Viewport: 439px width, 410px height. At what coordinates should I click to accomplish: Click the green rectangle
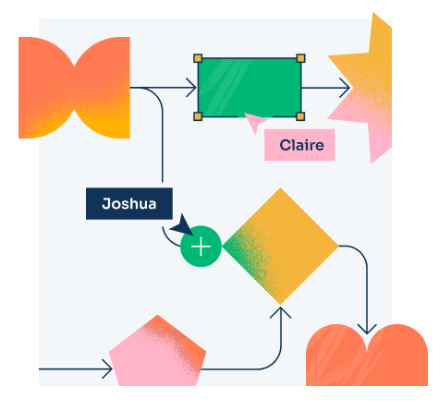[250, 88]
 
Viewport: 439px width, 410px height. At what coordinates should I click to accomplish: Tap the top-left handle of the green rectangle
[198, 58]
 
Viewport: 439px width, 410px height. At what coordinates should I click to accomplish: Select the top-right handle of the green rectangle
[300, 58]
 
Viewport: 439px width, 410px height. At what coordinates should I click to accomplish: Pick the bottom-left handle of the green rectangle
[198, 116]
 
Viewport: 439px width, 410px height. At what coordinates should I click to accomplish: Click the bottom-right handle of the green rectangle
[300, 116]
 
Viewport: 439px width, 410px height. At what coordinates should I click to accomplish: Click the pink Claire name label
[299, 145]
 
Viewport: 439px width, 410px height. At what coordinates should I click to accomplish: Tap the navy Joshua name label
[129, 204]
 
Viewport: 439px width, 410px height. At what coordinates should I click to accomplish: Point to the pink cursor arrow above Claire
[254, 121]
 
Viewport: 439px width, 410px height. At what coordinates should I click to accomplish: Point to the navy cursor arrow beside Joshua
[184, 226]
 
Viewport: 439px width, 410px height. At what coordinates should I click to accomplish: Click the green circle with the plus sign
[201, 247]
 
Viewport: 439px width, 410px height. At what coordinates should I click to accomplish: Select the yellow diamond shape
[280, 247]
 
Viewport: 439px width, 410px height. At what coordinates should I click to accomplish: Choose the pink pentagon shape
[158, 353]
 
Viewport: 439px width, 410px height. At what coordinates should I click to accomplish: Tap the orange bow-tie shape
[74, 88]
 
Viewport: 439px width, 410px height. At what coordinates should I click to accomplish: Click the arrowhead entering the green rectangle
[192, 88]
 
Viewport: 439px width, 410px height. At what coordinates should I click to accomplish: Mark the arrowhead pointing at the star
[346, 88]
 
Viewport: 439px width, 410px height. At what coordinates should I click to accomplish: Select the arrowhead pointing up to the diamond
[280, 311]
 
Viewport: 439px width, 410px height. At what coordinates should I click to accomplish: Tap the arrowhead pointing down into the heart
[367, 330]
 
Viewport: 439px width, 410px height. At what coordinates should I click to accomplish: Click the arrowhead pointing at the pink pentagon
[108, 368]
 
